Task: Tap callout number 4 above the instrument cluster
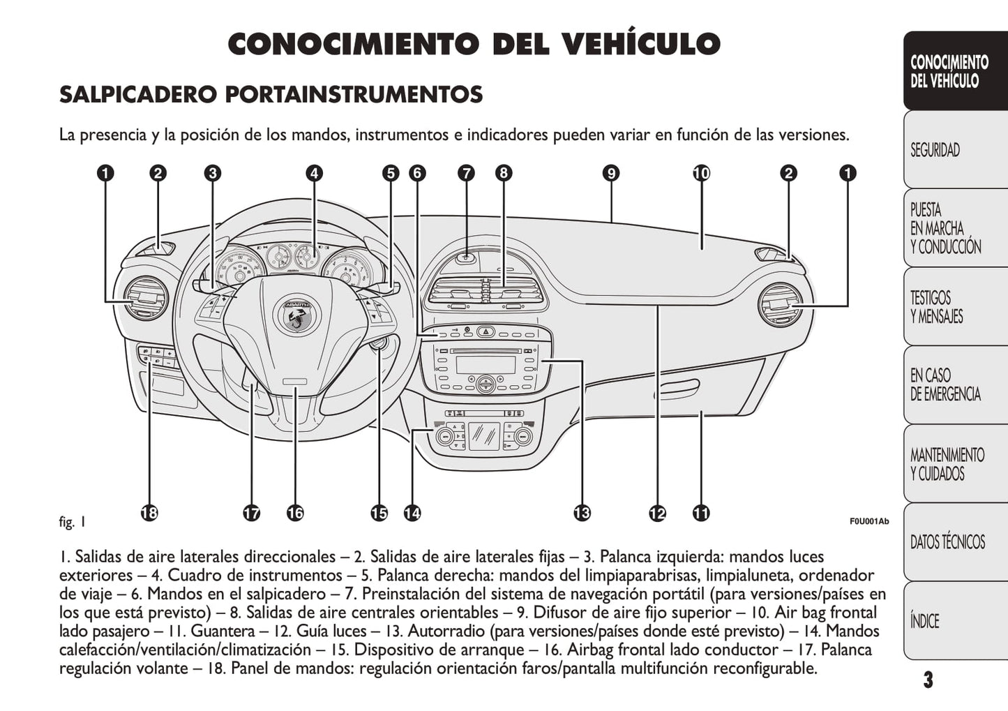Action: (314, 173)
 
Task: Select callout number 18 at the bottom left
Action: (149, 514)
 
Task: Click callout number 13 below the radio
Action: (582, 514)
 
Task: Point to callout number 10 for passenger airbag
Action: (701, 173)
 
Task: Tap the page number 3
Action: (928, 680)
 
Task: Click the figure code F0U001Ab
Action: (868, 521)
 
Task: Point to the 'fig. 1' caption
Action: (73, 521)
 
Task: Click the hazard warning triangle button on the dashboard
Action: (486, 332)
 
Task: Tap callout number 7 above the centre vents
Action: (466, 173)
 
